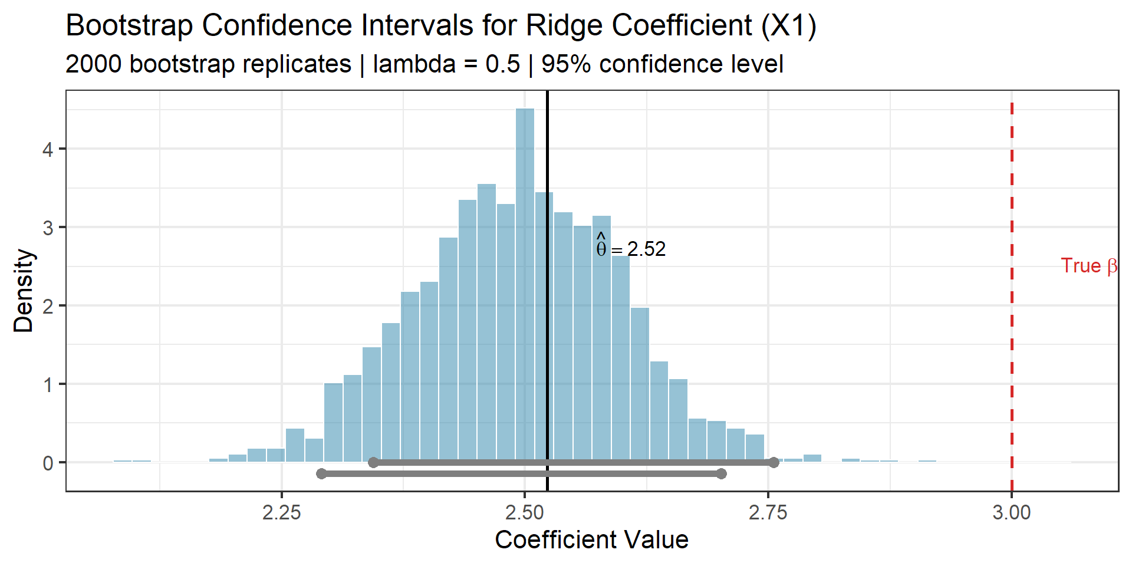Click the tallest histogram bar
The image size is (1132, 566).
(x=525, y=283)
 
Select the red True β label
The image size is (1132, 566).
(x=1088, y=266)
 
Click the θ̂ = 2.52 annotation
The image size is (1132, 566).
(x=631, y=249)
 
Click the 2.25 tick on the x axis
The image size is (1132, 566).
(x=282, y=512)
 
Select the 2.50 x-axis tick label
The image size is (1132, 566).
(x=525, y=512)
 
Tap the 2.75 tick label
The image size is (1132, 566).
(x=768, y=512)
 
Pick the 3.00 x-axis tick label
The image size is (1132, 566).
(x=1012, y=512)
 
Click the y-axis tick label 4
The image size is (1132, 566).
(x=48, y=149)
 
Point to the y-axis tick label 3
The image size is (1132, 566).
(x=48, y=228)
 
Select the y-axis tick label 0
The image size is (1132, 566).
(x=48, y=463)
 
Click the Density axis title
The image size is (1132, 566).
(x=24, y=290)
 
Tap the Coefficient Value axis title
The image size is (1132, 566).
(x=591, y=539)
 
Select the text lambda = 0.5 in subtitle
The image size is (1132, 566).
(x=446, y=64)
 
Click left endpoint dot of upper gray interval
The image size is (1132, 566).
(x=373, y=462)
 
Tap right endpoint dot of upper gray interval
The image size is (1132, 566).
(x=774, y=462)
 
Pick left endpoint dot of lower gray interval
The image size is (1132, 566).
(x=321, y=473)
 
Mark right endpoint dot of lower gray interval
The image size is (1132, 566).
(x=721, y=473)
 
